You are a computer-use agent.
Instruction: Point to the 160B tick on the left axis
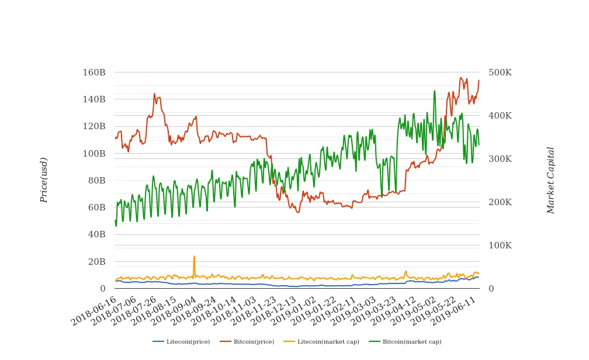click(x=94, y=72)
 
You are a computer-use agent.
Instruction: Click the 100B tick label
click(x=94, y=154)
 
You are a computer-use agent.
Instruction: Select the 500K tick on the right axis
click(x=500, y=72)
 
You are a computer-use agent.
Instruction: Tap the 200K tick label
click(x=500, y=202)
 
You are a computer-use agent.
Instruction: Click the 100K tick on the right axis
click(x=500, y=245)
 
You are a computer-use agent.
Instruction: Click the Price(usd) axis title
click(x=44, y=180)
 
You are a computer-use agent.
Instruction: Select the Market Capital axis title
click(x=550, y=180)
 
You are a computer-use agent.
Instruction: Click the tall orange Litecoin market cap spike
click(x=194, y=257)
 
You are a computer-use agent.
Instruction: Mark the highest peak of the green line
click(x=434, y=91)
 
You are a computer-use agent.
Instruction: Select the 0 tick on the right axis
click(x=491, y=289)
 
